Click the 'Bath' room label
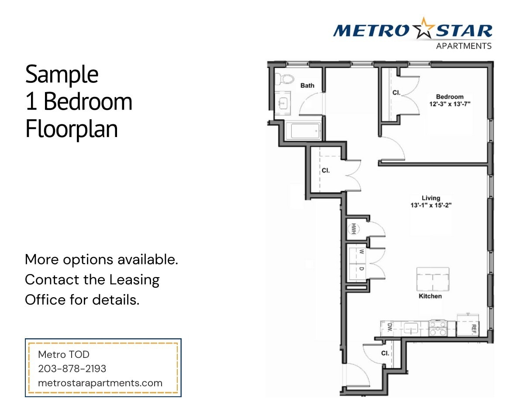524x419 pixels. coord(307,86)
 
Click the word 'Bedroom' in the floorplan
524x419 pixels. coord(450,97)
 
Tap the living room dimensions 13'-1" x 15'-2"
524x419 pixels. coord(431,205)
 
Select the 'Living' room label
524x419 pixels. coord(431,198)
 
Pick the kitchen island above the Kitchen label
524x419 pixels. coord(432,279)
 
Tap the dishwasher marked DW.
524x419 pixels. coord(388,329)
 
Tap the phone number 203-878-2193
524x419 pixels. coord(72,369)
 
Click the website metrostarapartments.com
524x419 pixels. coord(100,383)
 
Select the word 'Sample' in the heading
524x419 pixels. coord(62,74)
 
